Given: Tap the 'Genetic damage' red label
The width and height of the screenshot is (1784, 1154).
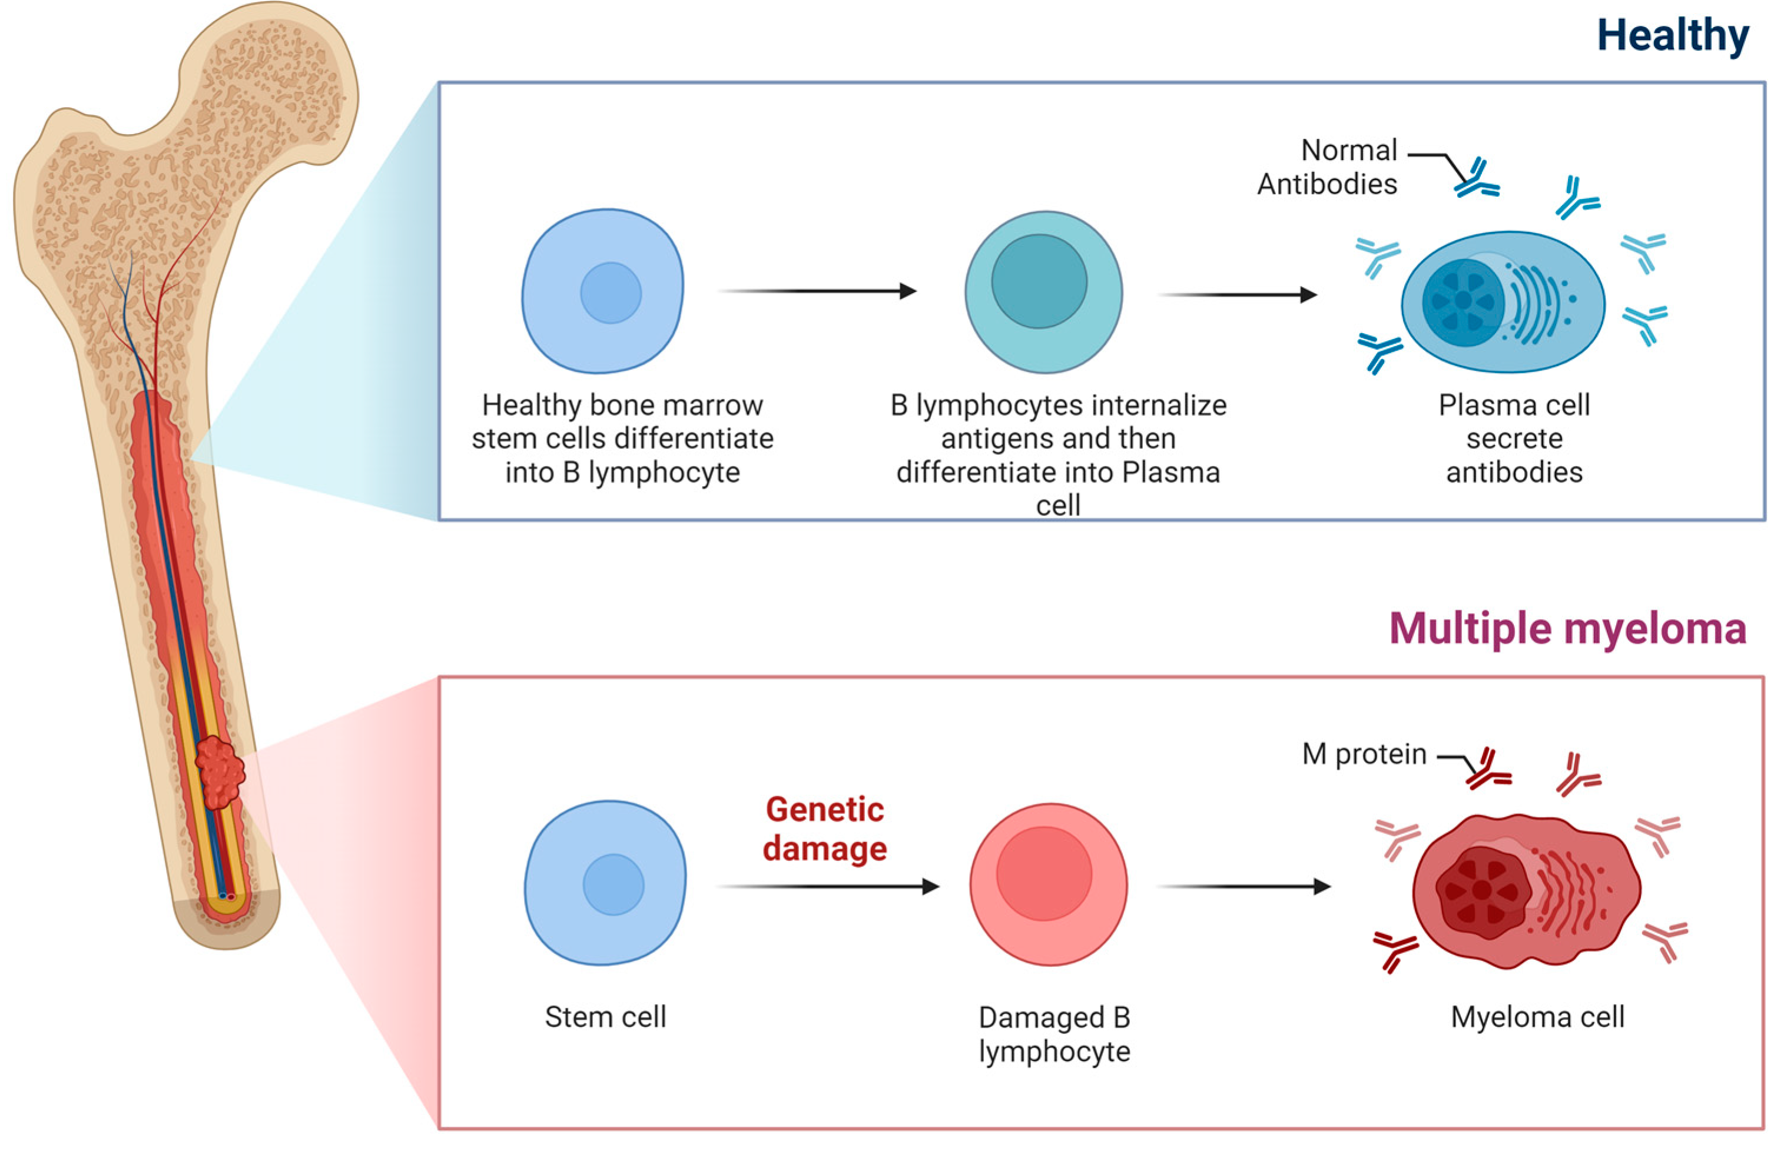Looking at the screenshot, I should [824, 829].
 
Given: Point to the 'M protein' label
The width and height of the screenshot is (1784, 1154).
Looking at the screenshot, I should [1364, 754].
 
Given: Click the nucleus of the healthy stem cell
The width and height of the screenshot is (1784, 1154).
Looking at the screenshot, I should [611, 293].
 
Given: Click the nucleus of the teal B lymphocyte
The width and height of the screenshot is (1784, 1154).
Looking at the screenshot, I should [1039, 281].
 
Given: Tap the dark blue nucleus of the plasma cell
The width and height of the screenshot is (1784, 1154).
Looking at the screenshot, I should [1463, 301].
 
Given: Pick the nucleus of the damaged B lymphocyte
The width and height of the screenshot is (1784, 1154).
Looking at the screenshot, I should [1043, 873].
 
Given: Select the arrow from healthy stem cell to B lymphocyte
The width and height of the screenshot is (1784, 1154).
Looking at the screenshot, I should [817, 291].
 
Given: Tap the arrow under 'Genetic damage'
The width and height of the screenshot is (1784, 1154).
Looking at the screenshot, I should [828, 886].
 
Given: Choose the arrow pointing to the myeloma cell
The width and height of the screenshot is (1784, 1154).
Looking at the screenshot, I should [1244, 886].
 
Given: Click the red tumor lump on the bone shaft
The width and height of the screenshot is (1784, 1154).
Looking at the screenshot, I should [220, 772].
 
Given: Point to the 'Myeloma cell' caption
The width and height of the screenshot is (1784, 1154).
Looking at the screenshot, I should [1537, 1017].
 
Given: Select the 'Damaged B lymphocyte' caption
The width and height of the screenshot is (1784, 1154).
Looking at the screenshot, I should [1054, 1034].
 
